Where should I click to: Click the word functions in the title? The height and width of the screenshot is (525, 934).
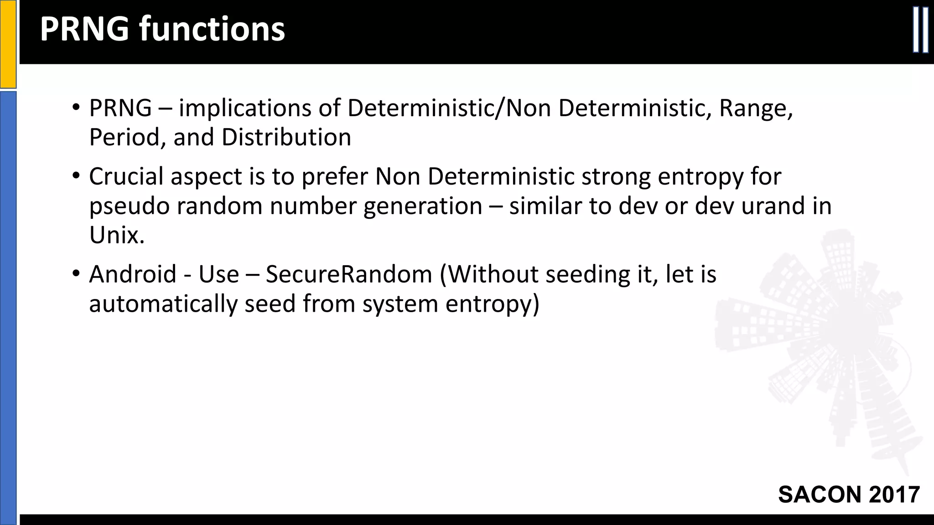(212, 29)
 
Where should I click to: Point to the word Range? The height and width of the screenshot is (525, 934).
(756, 108)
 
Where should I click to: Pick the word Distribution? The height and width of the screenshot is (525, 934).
(286, 138)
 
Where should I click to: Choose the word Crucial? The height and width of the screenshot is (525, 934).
(126, 177)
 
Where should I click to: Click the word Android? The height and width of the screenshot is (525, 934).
(133, 274)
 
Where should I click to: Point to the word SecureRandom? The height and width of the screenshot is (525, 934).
(349, 274)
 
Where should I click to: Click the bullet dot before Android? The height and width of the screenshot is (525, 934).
(76, 274)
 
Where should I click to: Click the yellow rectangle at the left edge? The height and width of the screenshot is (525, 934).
(8, 44)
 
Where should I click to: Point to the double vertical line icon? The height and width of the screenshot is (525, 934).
(920, 36)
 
